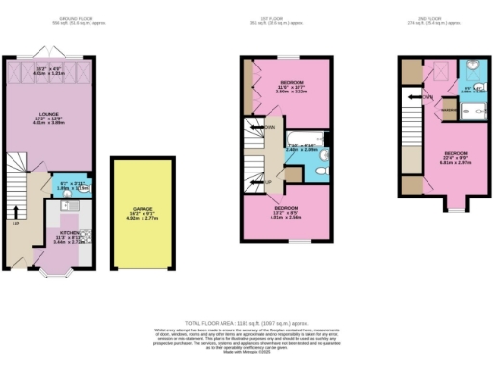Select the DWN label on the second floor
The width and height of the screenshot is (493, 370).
click(x=428, y=96)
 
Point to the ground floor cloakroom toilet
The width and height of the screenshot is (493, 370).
click(x=86, y=189)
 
